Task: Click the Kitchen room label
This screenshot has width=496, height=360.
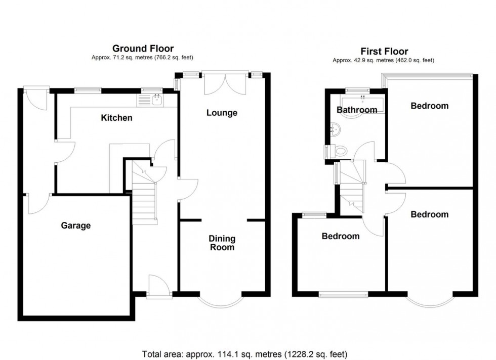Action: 116,118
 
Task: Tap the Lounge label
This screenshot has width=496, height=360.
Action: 222,113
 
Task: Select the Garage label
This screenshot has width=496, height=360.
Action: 76,226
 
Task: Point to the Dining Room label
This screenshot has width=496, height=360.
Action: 222,243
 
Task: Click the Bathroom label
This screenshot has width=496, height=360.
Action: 357,110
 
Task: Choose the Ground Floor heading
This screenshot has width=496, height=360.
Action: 143,49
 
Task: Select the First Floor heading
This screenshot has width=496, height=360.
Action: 384,51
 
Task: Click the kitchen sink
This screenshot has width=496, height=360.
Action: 156,100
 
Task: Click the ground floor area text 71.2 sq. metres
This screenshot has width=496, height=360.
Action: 142,58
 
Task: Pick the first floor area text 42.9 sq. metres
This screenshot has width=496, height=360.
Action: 383,60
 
